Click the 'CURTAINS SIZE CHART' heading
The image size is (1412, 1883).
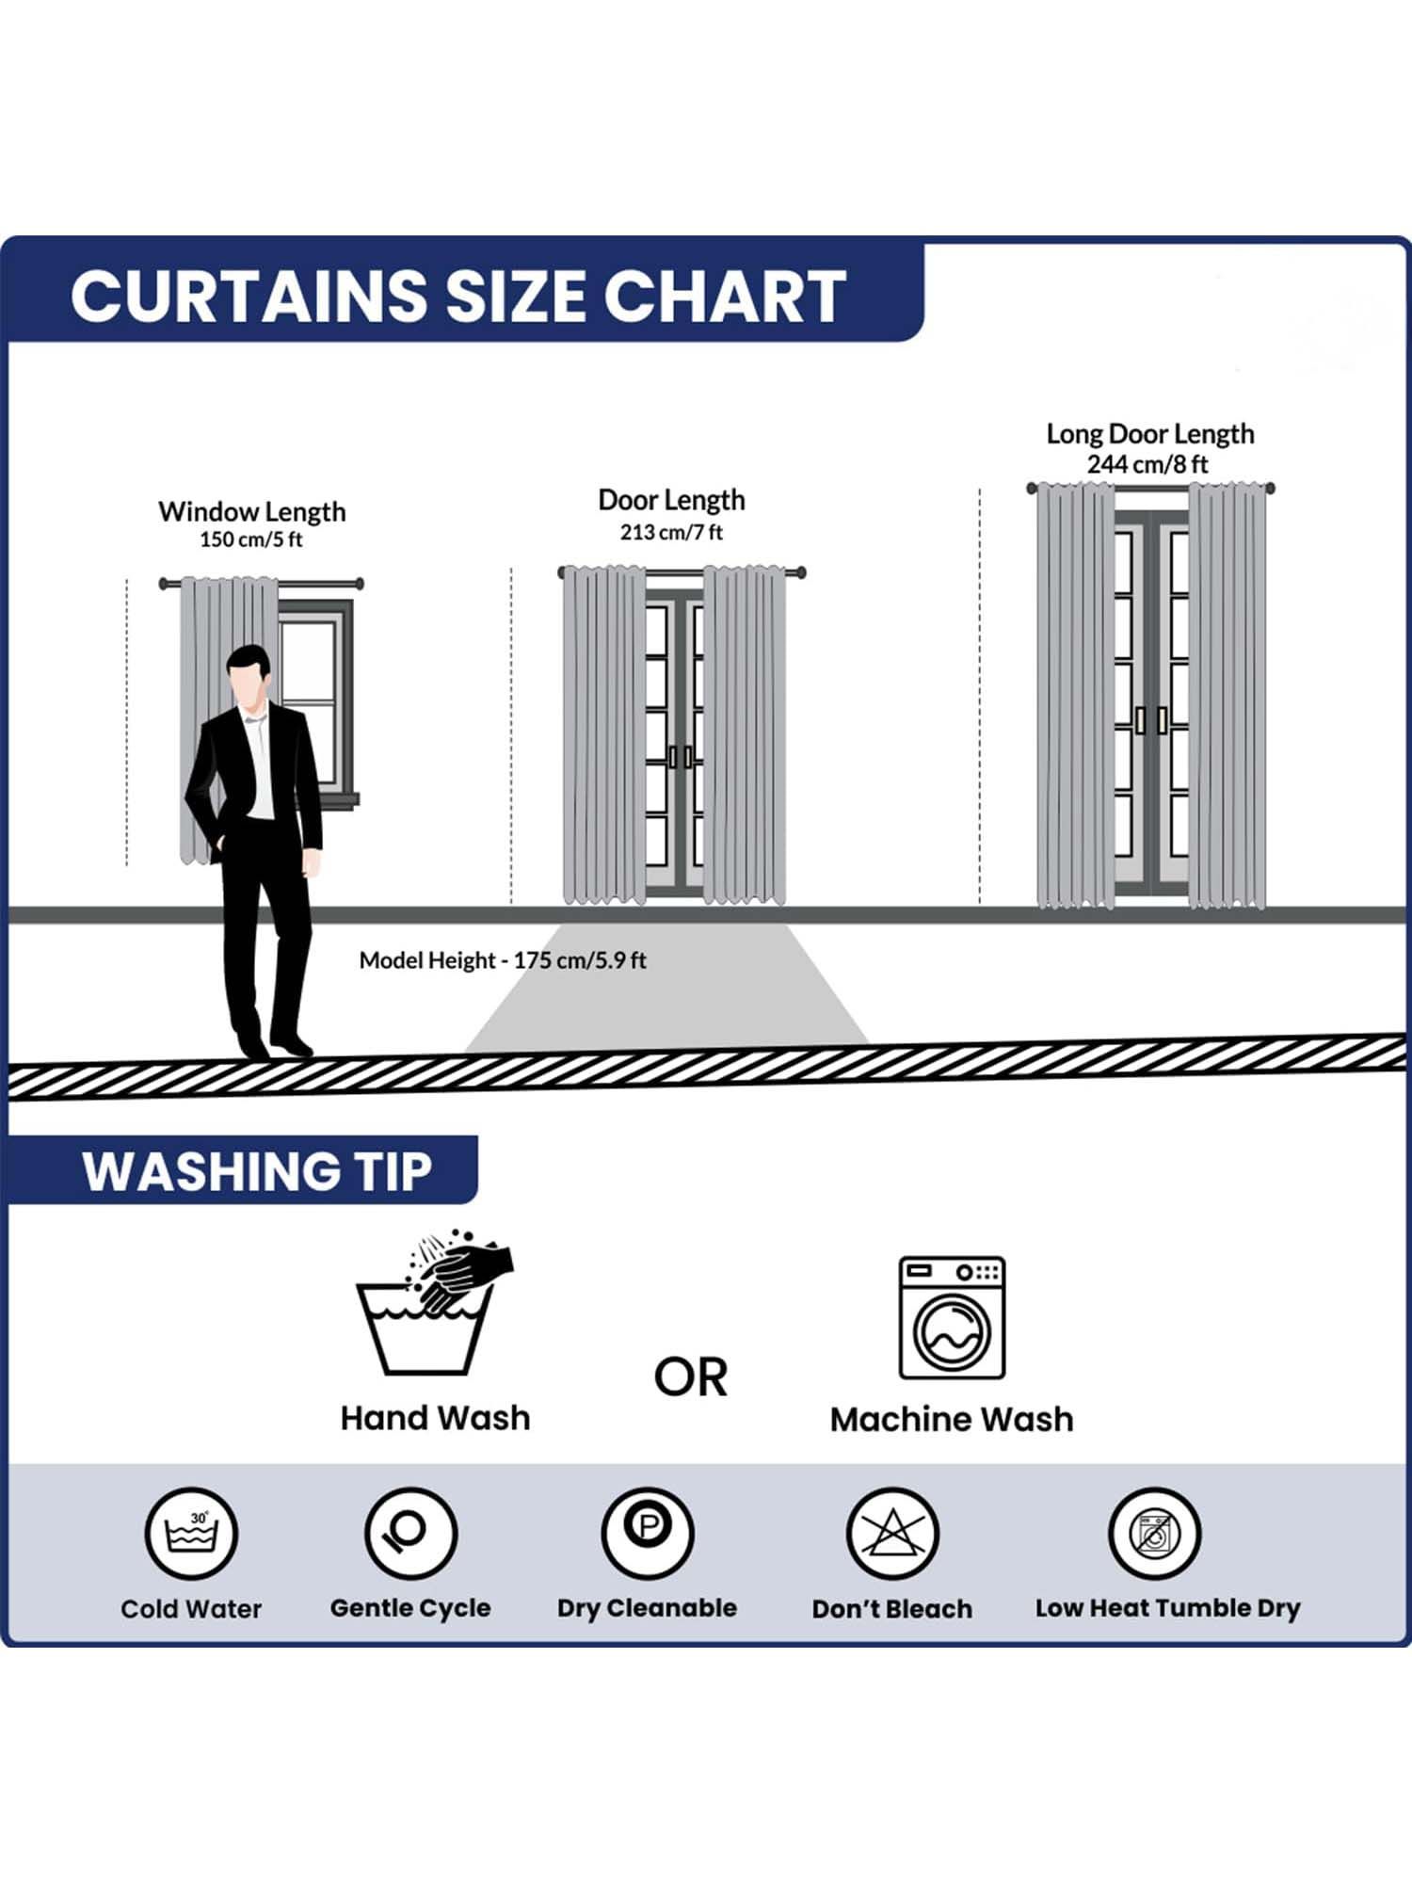[458, 296]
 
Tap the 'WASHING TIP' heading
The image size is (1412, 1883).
[257, 1172]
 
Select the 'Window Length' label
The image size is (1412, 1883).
[252, 511]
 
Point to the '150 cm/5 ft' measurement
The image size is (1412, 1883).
[251, 539]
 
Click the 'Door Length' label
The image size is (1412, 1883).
[671, 500]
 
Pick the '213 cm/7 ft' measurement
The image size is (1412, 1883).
[671, 532]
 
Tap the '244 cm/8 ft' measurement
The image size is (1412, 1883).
[1147, 464]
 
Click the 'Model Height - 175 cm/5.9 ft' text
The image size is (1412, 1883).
[503, 960]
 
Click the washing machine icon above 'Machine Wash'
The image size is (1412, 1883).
[952, 1317]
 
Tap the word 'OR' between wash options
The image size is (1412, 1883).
[691, 1377]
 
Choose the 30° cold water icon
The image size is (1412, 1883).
[191, 1534]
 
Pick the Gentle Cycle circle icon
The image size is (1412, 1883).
[410, 1534]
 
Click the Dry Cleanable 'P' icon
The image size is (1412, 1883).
[648, 1534]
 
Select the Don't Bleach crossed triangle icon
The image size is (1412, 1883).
[891, 1534]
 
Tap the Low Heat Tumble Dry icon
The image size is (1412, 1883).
[1154, 1534]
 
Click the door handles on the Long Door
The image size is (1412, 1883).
[1151, 720]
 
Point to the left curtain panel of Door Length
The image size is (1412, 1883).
[603, 734]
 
